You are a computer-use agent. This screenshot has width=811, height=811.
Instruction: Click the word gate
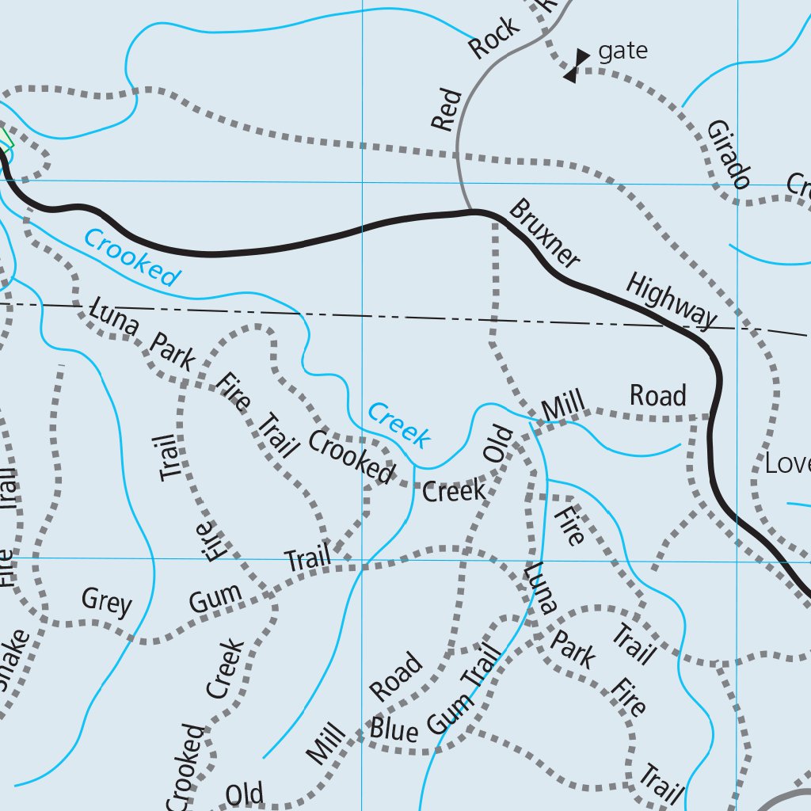(x=623, y=52)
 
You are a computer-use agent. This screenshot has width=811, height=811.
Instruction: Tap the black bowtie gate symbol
(x=577, y=66)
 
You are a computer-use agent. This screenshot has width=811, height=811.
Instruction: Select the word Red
(x=447, y=110)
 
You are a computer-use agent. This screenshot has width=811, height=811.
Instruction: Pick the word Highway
(x=671, y=300)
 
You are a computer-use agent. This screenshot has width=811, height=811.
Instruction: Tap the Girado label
(x=728, y=154)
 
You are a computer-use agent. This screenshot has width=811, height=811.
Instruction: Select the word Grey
(x=106, y=602)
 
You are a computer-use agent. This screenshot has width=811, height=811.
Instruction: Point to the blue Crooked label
(x=131, y=257)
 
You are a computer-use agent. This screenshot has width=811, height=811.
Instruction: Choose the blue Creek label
(x=399, y=425)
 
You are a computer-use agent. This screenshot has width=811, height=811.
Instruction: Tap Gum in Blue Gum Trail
(x=449, y=709)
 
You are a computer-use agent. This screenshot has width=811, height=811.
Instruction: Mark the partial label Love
(x=786, y=463)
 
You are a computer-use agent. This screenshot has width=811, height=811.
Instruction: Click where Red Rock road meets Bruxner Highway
(x=474, y=211)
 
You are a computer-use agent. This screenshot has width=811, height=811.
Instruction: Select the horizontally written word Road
(x=657, y=394)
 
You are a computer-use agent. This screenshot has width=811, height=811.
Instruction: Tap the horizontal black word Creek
(x=454, y=491)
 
